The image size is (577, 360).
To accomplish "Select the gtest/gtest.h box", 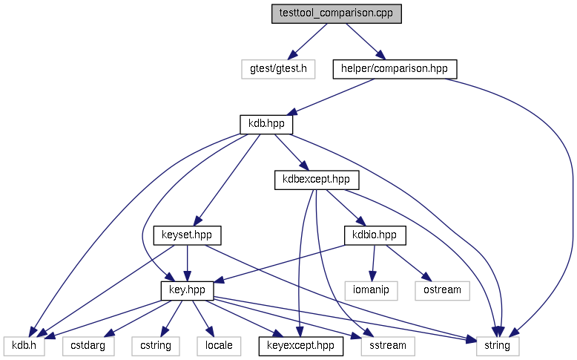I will point(278,69).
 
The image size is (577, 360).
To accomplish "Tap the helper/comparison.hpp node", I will point(395,69).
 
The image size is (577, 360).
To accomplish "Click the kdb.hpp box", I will point(266,124).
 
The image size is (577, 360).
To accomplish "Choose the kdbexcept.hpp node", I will point(316,179).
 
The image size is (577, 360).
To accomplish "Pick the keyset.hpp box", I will point(187,235).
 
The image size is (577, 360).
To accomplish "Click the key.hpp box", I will point(187,289).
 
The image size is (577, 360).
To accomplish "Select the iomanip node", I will point(372,289).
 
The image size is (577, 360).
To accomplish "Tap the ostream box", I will point(443,289).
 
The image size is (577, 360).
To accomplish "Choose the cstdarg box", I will point(88,344).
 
